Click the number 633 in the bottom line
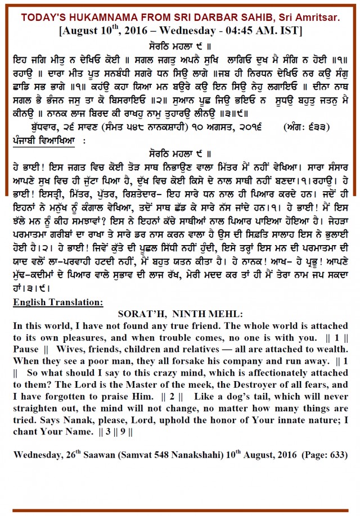[334, 454]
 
